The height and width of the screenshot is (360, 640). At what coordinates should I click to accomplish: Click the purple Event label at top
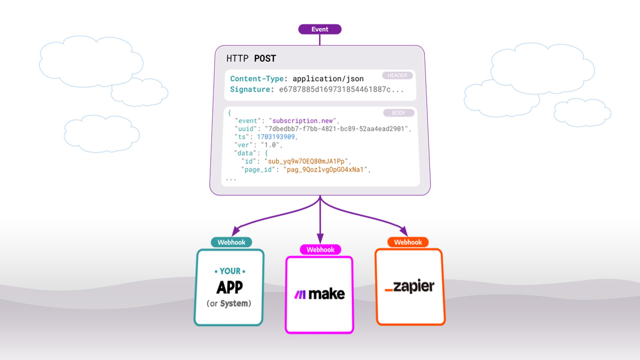319,29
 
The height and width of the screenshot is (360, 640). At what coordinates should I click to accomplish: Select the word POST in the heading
265,58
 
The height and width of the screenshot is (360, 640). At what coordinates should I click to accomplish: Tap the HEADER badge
397,75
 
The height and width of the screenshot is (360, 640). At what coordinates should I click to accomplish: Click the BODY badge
398,113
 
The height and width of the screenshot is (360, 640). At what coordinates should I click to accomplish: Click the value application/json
328,78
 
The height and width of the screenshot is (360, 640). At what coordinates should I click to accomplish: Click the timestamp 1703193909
277,137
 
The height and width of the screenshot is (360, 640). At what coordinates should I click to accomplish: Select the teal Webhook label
231,242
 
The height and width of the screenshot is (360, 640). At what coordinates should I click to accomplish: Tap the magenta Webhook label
320,249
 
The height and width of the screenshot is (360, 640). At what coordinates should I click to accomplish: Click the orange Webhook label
408,242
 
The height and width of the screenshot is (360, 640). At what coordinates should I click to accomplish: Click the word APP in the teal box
229,287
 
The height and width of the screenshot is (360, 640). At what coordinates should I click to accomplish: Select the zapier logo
409,286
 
